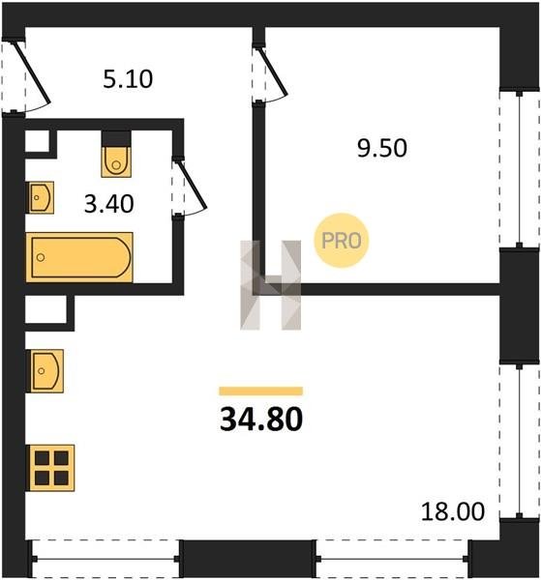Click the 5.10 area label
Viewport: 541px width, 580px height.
(128, 79)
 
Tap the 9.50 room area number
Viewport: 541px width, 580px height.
(381, 148)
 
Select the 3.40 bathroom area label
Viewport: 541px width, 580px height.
(108, 204)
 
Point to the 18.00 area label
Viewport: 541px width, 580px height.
(453, 511)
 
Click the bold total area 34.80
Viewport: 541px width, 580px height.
(261, 420)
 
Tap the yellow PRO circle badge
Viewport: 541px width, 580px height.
(342, 241)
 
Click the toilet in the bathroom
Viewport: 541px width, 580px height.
(116, 161)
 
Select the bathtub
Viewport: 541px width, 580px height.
(79, 257)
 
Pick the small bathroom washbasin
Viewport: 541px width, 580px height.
(41, 197)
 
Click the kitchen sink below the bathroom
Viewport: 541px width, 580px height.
(45, 370)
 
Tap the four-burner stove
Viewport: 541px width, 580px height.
(51, 468)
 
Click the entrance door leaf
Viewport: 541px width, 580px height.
(32, 72)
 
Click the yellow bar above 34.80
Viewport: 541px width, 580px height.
(261, 391)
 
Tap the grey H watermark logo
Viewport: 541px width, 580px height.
(271, 285)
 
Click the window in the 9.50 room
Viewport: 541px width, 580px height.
(519, 169)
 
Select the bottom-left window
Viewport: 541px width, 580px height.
(105, 559)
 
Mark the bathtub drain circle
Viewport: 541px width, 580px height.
(41, 257)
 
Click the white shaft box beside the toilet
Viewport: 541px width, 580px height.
(37, 141)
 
